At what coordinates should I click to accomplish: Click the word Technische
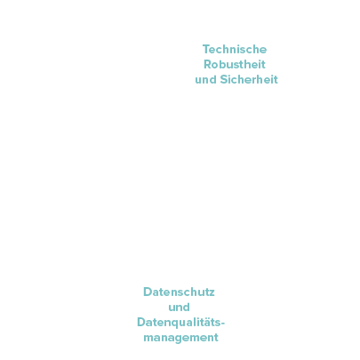[x=235, y=49]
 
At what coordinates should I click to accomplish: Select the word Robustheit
[x=235, y=64]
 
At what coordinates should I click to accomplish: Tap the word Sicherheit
[x=249, y=79]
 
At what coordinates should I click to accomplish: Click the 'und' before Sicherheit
[x=205, y=80]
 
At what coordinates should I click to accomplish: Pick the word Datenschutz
[x=179, y=292]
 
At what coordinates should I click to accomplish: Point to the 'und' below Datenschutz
[x=179, y=308]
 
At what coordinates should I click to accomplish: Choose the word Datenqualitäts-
[x=180, y=323]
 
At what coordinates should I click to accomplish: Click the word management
[x=180, y=338]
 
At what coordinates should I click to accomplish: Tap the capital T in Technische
[x=206, y=49]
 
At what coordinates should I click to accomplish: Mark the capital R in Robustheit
[x=208, y=65]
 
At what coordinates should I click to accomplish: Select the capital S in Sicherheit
[x=224, y=79]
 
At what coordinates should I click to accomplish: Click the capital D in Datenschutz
[x=148, y=292]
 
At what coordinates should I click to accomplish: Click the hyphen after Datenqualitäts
[x=223, y=324]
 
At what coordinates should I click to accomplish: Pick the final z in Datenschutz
[x=212, y=293]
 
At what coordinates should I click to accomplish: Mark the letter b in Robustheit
[x=223, y=65]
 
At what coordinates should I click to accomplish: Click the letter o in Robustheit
[x=215, y=66]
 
